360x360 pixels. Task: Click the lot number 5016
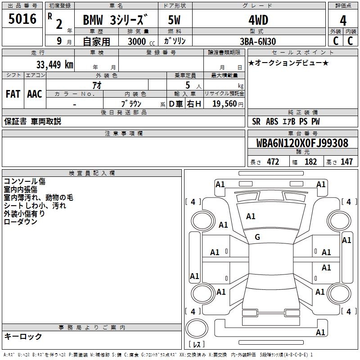[x=22, y=19]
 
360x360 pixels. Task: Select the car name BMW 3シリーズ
[x=115, y=20]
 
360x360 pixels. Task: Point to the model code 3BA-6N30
[x=258, y=41]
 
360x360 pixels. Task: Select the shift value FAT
[x=13, y=94]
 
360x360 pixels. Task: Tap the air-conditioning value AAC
[x=34, y=94]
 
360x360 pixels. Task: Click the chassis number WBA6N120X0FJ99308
[x=302, y=143]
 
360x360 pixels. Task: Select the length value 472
[x=273, y=162]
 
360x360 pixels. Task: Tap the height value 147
[x=346, y=162]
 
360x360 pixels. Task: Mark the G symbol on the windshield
[x=257, y=237]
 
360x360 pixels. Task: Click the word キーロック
[x=23, y=336]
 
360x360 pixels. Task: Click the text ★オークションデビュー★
[x=288, y=63]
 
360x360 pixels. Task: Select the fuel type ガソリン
[x=175, y=41]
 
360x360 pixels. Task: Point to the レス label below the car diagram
[x=198, y=344]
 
